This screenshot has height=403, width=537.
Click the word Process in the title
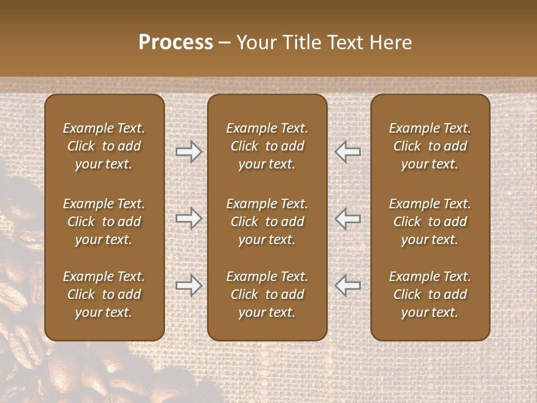coord(176,43)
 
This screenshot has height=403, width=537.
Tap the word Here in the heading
coord(390,43)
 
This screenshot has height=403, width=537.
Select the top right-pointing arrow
coord(189,152)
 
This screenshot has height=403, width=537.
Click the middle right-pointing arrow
coord(189,218)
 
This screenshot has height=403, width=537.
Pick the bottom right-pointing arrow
coord(189,285)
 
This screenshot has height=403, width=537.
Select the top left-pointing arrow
coord(348,152)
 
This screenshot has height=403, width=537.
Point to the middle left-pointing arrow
coord(348,218)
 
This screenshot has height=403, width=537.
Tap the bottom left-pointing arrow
coord(348,285)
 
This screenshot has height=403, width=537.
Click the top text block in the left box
coord(104,146)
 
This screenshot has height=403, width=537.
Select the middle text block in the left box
coord(104,222)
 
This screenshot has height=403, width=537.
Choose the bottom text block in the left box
coord(104,294)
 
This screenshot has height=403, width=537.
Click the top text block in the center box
coord(267,146)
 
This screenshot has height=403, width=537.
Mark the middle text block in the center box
coord(267,222)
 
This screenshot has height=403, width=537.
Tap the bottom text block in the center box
coord(267,294)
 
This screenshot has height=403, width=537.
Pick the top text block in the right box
coord(430,146)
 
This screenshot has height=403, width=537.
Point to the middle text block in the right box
coord(430,222)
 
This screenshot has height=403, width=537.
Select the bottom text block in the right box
coord(430,294)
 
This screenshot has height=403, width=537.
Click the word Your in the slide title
coord(255,43)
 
